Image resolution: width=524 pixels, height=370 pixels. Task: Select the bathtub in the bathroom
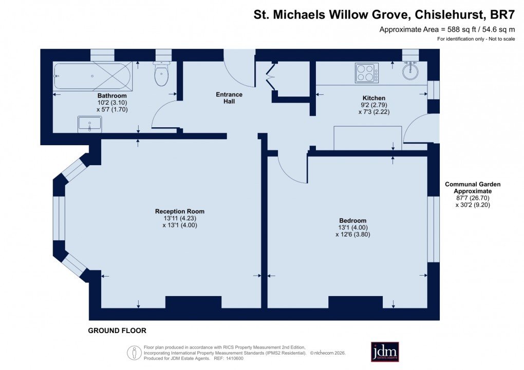92,76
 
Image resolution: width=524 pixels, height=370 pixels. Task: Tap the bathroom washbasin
90,124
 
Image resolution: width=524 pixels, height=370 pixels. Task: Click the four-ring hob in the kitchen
366,72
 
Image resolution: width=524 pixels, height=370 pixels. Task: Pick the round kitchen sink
410,71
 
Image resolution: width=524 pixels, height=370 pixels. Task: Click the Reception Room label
180,211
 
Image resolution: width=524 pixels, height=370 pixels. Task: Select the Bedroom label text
352,221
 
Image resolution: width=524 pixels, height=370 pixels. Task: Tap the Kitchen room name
373,98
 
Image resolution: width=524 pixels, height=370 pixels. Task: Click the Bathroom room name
112,95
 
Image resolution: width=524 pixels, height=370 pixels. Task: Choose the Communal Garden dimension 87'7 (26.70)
473,198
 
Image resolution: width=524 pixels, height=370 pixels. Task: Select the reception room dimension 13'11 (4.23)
180,218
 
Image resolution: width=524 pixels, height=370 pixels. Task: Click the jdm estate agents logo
385,352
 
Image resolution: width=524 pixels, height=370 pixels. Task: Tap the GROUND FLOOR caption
117,330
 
